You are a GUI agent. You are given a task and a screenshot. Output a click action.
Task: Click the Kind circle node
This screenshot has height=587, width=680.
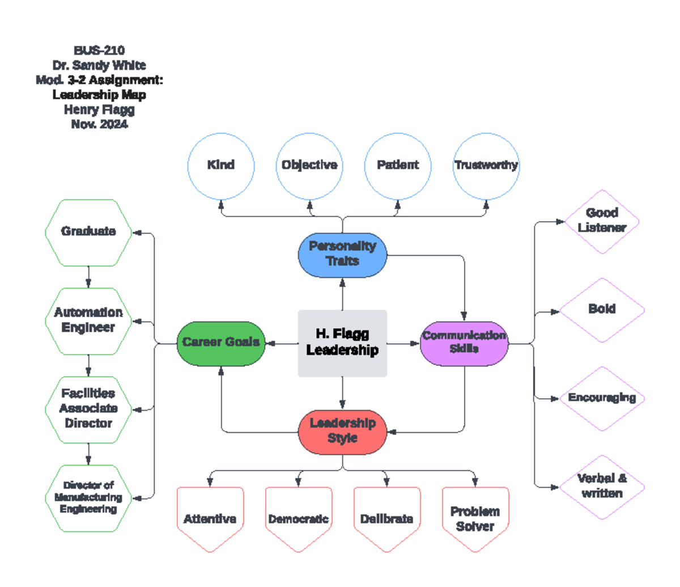(221, 166)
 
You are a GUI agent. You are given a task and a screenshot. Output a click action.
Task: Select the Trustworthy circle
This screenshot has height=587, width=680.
(486, 166)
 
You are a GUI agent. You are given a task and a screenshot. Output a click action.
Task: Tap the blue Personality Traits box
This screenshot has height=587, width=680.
(342, 255)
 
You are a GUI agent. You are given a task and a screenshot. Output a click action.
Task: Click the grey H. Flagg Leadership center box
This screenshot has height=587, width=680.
(342, 343)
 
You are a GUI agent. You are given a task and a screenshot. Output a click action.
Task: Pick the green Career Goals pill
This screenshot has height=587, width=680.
(221, 343)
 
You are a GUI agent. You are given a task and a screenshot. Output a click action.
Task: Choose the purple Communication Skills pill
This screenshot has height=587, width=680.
(464, 343)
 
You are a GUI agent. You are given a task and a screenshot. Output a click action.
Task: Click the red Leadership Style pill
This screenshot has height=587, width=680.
(342, 431)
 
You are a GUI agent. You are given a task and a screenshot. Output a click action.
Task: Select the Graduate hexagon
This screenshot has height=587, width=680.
(88, 232)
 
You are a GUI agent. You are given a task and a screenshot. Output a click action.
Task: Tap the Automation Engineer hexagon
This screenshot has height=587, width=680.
(88, 320)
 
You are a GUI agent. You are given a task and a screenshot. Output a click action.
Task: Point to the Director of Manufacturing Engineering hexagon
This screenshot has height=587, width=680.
(88, 498)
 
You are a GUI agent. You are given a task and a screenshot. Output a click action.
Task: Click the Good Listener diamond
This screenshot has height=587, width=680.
(602, 221)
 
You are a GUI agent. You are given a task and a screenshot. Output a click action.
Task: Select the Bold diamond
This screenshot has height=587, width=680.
(602, 310)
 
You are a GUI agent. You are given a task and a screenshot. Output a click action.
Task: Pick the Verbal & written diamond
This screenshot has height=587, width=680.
(602, 487)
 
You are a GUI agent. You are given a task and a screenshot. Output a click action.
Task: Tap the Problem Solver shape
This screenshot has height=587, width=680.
(475, 518)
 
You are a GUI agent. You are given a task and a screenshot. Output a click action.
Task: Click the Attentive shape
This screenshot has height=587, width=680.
(210, 518)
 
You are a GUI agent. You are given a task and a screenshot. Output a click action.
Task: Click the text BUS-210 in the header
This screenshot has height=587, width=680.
(99, 50)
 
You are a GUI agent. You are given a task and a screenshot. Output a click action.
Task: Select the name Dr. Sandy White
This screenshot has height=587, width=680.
(99, 65)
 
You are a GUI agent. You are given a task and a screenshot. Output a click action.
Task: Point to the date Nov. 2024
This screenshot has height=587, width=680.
(99, 124)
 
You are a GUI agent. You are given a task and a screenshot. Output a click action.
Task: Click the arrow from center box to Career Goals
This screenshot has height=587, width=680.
(282, 343)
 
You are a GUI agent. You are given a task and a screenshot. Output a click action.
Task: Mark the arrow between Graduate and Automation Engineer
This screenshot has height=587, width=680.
(88, 277)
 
